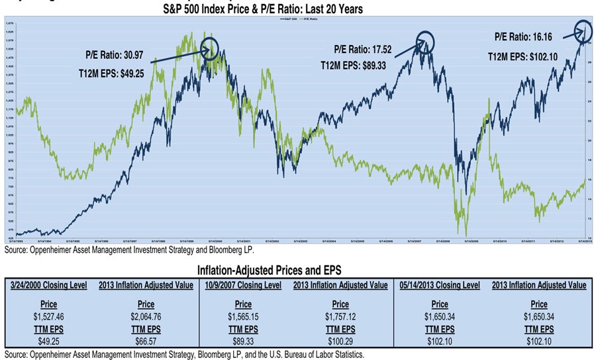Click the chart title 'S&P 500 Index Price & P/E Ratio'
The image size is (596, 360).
(x=272, y=9)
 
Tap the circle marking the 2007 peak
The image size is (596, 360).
(x=424, y=42)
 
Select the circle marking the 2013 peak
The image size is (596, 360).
(x=583, y=30)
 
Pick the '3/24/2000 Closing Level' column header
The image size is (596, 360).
(x=47, y=285)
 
